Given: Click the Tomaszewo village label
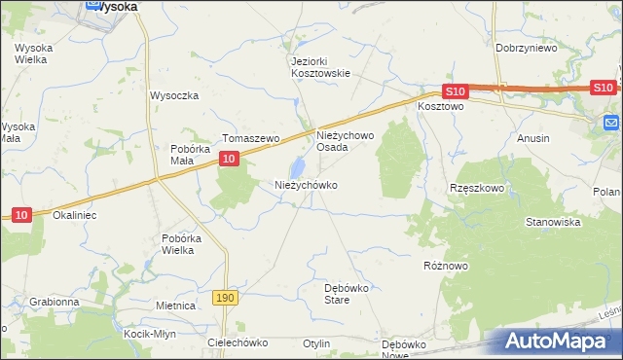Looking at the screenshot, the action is (x=251, y=139).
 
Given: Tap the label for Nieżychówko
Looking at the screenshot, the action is (x=306, y=185).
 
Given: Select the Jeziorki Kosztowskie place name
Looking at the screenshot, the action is (x=320, y=66).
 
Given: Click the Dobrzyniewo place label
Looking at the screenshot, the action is (x=526, y=48).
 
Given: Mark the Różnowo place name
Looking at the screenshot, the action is (x=446, y=264).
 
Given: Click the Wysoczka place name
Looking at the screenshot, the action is (x=174, y=95).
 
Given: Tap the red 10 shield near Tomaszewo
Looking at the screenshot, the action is (x=228, y=158).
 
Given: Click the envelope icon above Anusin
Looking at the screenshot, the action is (x=611, y=123).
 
